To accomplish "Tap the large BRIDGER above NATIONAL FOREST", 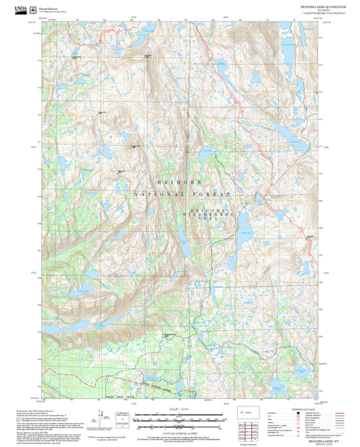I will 180,182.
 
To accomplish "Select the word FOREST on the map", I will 209,194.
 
